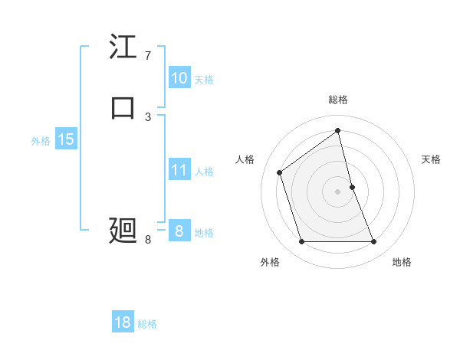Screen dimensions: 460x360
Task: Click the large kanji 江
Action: [x=123, y=47]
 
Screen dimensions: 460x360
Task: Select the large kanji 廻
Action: [x=123, y=229]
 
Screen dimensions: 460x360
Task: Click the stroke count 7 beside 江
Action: [x=148, y=56]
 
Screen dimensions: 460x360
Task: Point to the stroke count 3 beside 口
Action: [x=148, y=116]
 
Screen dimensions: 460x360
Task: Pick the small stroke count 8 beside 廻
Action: [x=148, y=240]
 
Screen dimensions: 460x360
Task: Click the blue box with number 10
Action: [x=179, y=78]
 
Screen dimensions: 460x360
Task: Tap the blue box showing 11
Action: [x=179, y=170]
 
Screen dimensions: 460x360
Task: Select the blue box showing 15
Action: [x=65, y=139]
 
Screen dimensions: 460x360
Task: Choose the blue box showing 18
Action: [x=123, y=322]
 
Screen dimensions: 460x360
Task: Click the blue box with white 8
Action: [x=179, y=231]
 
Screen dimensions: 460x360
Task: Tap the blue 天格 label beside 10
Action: [x=204, y=80]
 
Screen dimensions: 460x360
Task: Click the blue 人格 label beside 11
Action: [x=204, y=172]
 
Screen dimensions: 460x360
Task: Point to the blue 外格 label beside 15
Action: [x=41, y=141]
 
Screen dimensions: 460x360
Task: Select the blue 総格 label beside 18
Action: [x=147, y=324]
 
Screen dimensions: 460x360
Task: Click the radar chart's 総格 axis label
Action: [x=338, y=100]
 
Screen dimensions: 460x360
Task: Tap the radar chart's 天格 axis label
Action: [x=431, y=159]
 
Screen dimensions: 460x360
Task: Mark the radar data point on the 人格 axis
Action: [x=280, y=172]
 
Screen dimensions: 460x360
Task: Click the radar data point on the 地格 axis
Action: [x=374, y=242]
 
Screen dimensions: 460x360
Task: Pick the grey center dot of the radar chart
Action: [x=338, y=191]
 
